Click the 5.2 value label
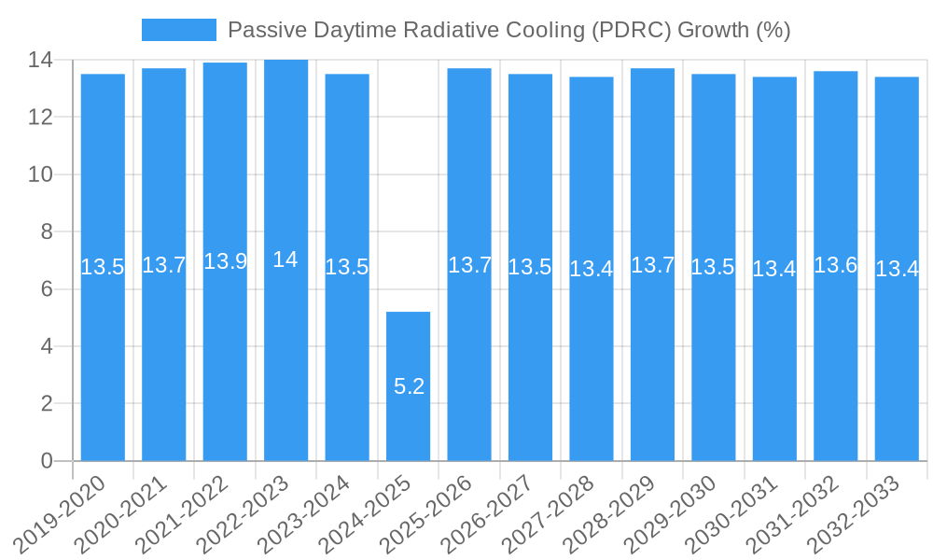409,386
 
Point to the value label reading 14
285,260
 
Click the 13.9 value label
225,261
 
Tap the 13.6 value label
835,265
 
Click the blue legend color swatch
178,30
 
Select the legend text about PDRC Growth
509,30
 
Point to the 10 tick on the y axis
42,175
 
